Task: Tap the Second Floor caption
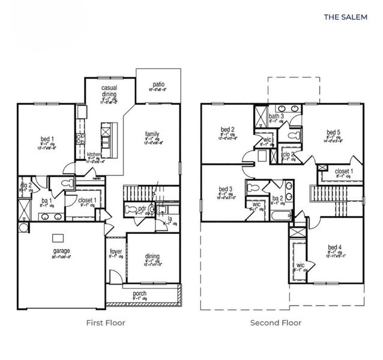click(x=276, y=322)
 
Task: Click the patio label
click(x=158, y=85)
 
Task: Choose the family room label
click(x=151, y=134)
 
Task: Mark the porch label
click(x=139, y=293)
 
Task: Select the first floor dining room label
click(x=152, y=257)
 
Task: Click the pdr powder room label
click(x=142, y=209)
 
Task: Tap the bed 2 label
click(x=227, y=129)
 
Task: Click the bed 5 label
click(x=333, y=132)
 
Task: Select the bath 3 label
click(x=276, y=116)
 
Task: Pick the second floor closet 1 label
click(x=343, y=171)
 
